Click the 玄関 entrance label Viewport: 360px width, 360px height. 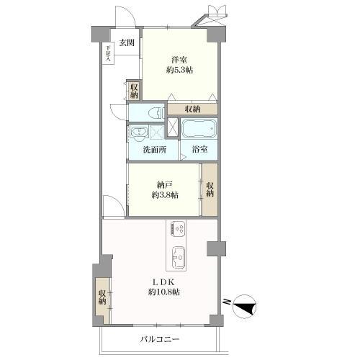(127, 42)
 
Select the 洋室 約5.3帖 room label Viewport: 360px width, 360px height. (179, 65)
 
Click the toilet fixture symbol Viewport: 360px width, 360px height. (156, 113)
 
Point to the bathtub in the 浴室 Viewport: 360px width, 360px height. (199, 129)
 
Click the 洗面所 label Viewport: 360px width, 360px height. (155, 150)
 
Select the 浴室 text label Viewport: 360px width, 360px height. (199, 149)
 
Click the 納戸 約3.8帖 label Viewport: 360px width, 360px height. (165, 190)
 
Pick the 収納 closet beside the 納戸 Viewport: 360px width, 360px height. (210, 189)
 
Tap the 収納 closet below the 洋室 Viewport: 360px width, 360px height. (192, 109)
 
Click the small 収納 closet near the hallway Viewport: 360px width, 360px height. (135, 91)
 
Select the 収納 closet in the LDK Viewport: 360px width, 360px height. (103, 297)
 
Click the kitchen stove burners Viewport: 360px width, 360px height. (177, 230)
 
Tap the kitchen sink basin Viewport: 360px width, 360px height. (178, 257)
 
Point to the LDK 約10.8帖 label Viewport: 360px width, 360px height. (163, 287)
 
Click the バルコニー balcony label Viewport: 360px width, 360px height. (160, 339)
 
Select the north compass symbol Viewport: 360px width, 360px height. (244, 306)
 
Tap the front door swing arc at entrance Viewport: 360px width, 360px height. (126, 15)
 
